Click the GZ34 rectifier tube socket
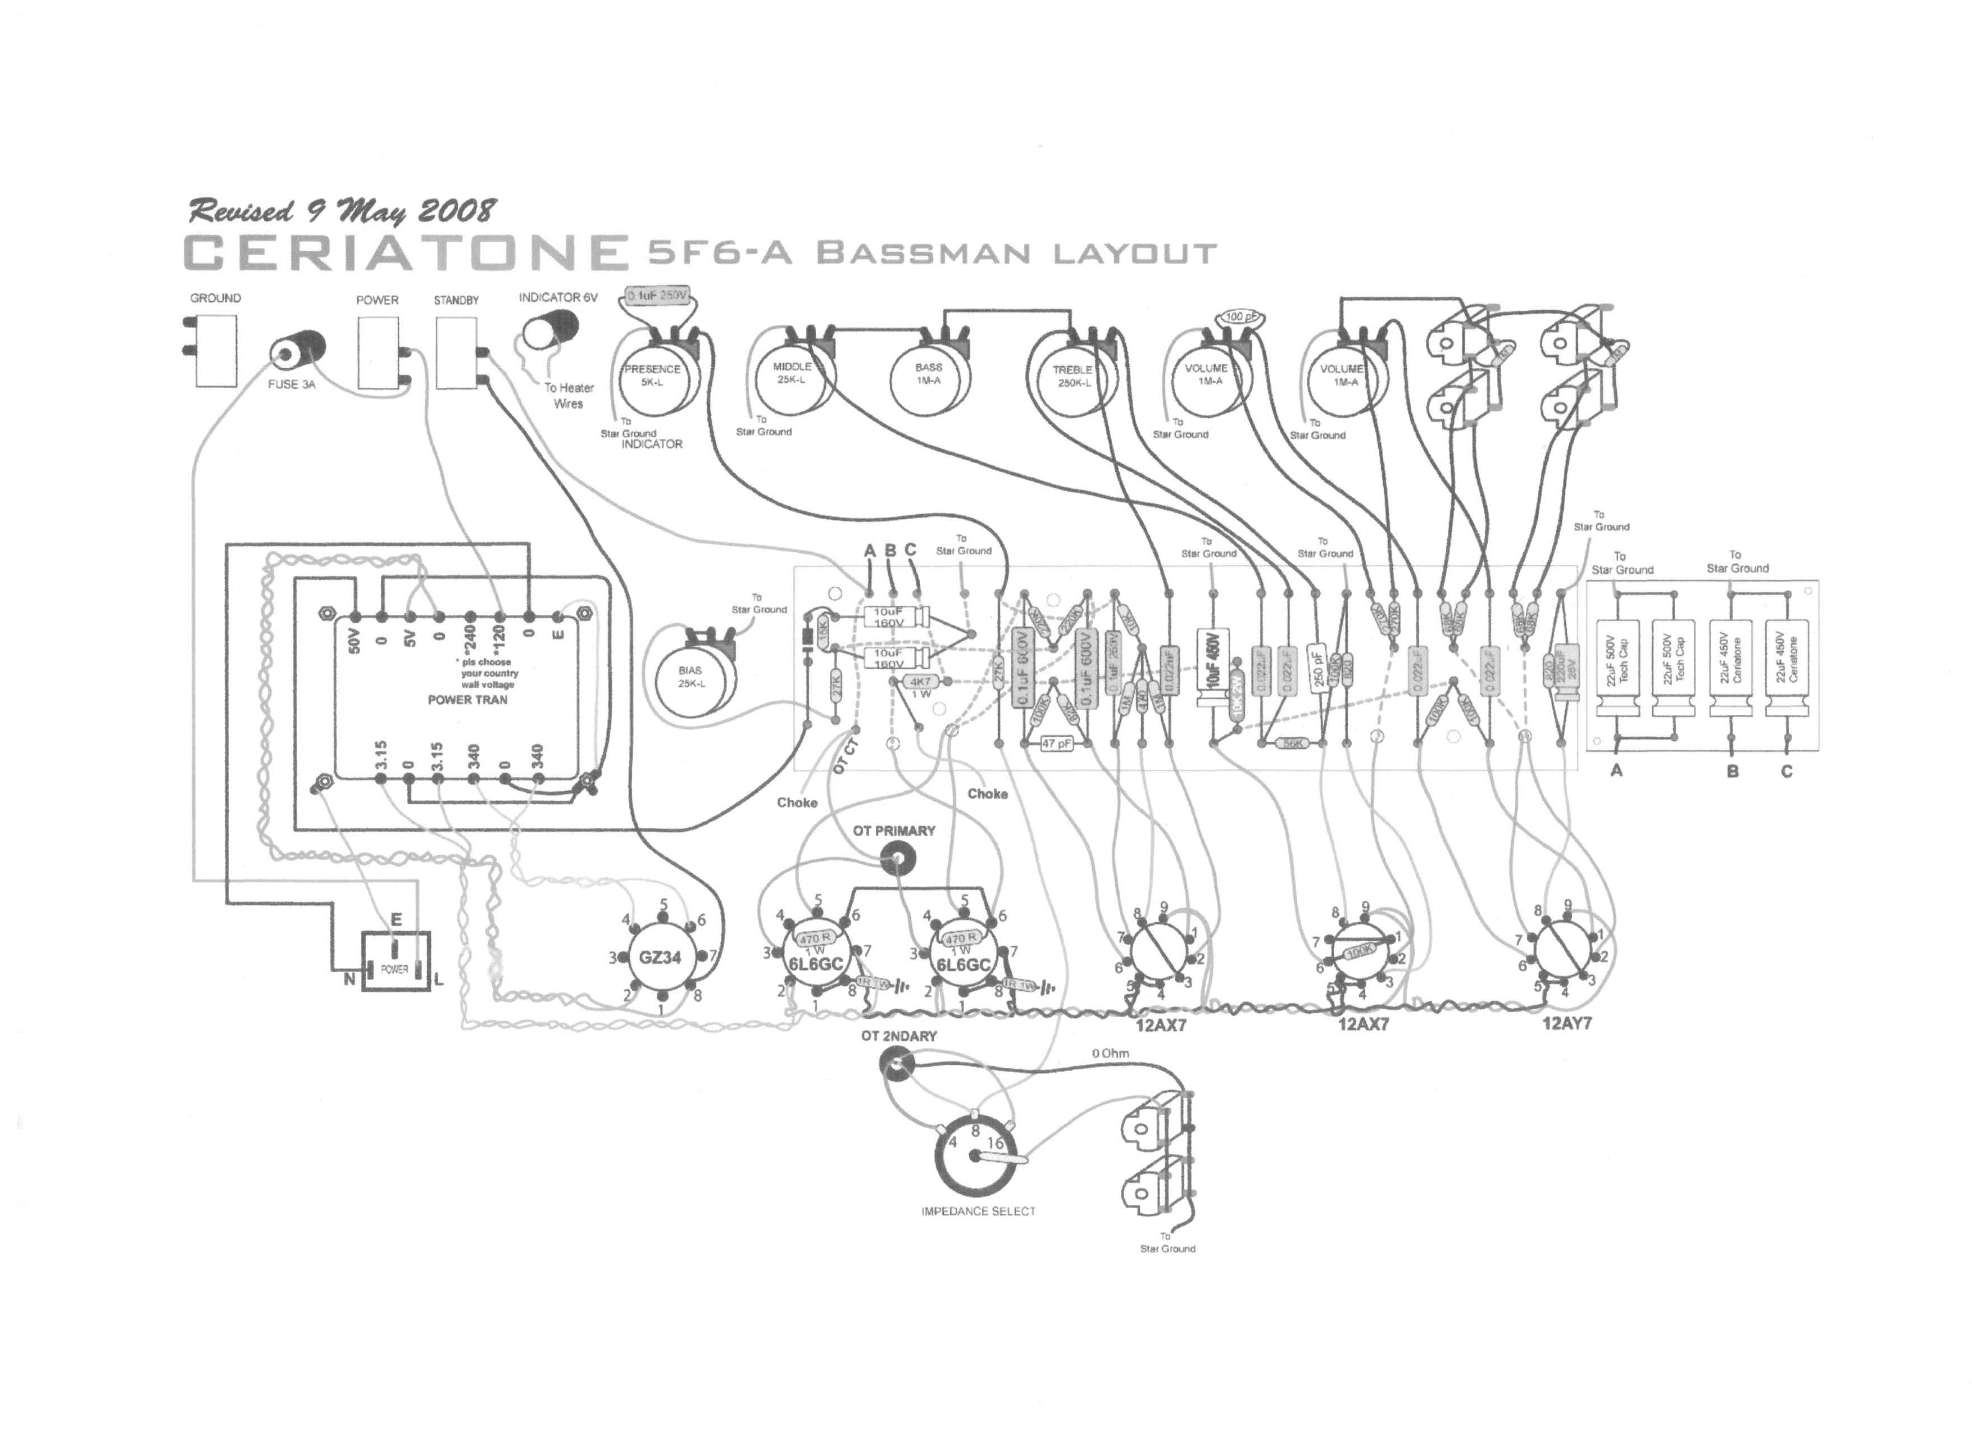point(661,958)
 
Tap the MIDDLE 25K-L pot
point(792,375)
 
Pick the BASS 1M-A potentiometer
point(929,375)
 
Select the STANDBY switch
point(456,352)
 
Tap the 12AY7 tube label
point(1567,1023)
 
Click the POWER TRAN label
point(467,699)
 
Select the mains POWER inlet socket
point(396,963)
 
